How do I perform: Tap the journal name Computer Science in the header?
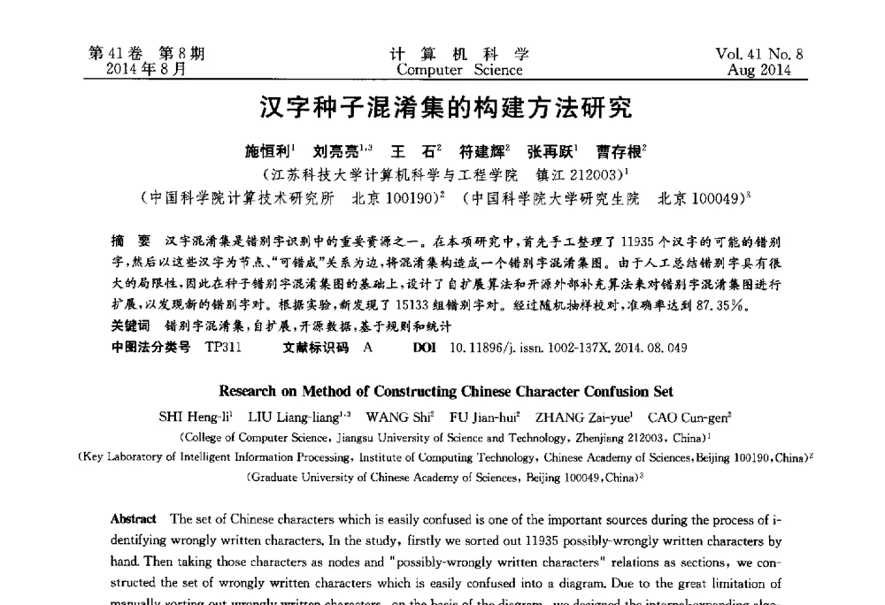click(459, 70)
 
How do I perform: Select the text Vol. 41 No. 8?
click(759, 54)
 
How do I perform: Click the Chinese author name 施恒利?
click(269, 152)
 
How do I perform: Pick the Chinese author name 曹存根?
click(620, 152)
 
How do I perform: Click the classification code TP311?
click(223, 348)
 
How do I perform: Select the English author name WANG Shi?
click(398, 417)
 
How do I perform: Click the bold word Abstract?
click(134, 519)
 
